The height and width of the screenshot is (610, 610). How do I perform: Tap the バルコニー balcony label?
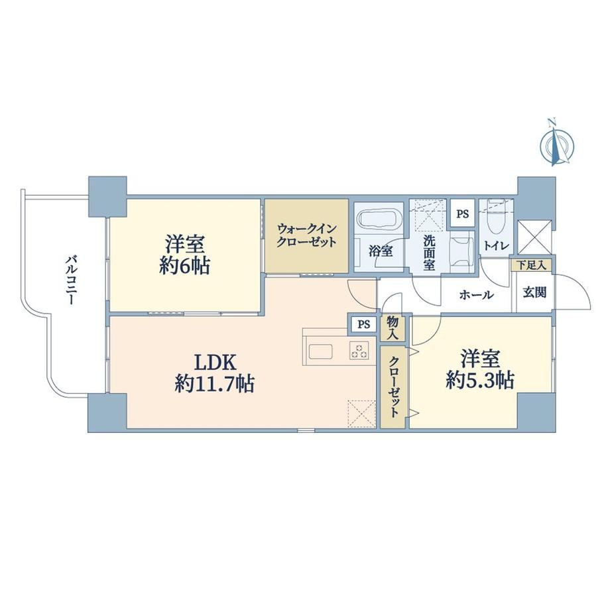point(71,280)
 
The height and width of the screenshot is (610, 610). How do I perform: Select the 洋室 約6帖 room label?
point(184,255)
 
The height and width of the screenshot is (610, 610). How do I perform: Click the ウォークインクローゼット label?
point(306,236)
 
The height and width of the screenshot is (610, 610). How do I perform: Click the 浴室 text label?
point(381,251)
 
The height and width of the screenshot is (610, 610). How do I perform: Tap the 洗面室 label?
point(430,253)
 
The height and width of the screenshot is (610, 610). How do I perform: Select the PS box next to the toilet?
point(463,214)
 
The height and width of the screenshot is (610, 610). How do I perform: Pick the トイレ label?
point(496,246)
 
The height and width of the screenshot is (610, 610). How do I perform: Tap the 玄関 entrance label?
point(534,293)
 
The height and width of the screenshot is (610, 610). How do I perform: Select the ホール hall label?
point(477,295)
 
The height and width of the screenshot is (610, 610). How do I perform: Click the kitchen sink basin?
point(320,352)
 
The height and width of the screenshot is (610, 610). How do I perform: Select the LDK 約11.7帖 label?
point(215,373)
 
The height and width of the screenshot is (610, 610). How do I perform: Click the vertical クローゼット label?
point(393,387)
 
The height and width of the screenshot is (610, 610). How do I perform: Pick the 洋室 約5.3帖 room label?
point(481,369)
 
